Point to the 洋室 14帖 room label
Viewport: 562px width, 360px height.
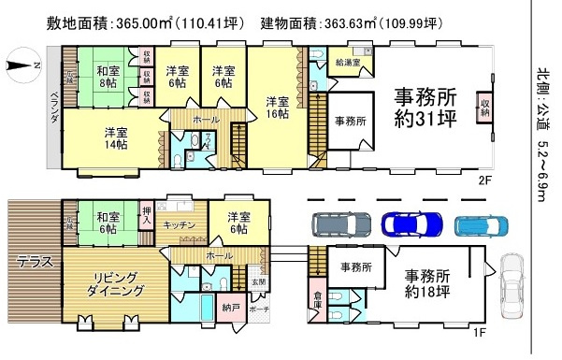point(116,138)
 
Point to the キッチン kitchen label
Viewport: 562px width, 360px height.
point(179,225)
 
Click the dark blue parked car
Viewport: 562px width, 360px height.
point(411,224)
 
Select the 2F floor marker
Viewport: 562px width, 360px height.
point(483,179)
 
